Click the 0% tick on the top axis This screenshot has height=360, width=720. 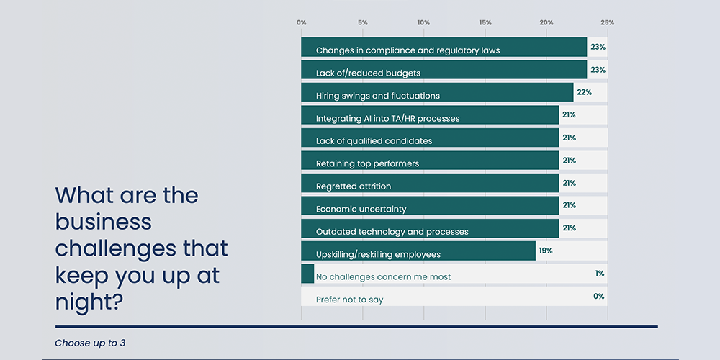301,23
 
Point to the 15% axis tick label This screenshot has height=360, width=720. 485,23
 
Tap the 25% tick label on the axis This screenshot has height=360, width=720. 608,23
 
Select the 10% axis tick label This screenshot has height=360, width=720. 423,23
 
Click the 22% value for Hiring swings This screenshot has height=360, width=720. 585,92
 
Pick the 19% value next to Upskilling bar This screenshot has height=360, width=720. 545,251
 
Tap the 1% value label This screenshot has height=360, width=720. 600,274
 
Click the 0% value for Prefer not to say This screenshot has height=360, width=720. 599,296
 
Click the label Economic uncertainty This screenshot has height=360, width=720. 361,209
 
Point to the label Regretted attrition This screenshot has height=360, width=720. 354,186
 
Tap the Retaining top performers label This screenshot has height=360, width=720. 367,163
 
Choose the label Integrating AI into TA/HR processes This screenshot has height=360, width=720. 387,118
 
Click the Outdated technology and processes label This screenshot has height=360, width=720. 392,232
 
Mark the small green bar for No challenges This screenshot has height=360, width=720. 307,274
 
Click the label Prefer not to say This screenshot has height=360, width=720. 349,299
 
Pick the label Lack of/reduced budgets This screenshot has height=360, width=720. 368,73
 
